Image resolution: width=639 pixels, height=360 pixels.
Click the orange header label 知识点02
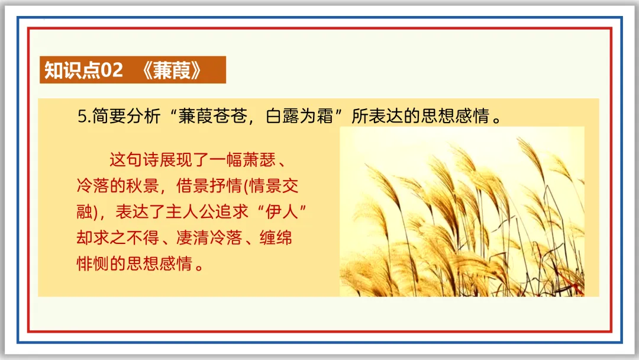(x=83, y=70)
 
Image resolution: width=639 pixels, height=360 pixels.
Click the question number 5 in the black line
(x=82, y=116)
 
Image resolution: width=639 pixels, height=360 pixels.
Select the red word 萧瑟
(x=259, y=159)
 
